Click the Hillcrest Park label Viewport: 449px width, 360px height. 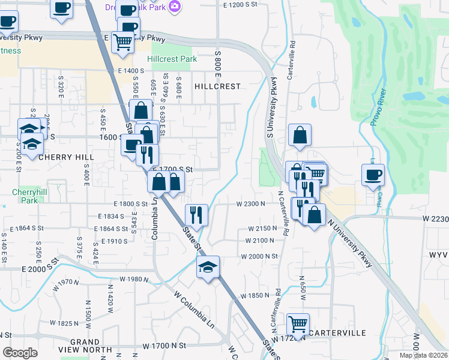(x=172, y=59)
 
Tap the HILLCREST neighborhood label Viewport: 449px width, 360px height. (x=217, y=86)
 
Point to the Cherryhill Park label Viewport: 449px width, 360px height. (x=24, y=197)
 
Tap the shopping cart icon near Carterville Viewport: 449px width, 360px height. (x=298, y=325)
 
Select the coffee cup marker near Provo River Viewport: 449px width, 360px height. (x=373, y=175)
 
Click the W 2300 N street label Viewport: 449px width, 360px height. (x=251, y=204)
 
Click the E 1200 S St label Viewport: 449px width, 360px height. (x=244, y=5)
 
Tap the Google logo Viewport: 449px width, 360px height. (x=20, y=352)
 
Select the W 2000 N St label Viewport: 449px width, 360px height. (x=259, y=256)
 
